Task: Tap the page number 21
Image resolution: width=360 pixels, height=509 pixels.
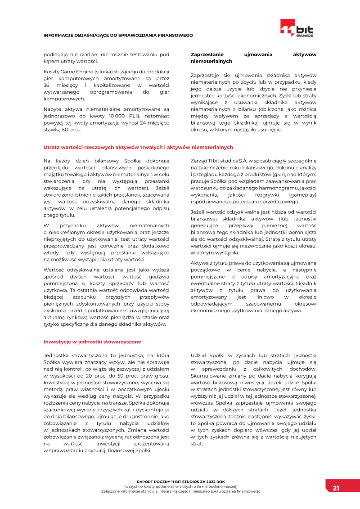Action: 336,488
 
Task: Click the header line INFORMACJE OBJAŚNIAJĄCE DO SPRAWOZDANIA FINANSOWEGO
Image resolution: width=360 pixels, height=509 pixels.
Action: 118,35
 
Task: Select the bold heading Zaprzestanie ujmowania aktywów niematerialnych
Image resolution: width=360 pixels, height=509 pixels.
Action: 253,58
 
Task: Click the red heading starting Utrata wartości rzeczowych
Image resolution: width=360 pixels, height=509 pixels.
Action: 138,147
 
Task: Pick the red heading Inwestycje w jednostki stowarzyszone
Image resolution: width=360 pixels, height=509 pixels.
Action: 92,342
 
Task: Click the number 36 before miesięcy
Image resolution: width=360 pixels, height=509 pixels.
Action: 46,85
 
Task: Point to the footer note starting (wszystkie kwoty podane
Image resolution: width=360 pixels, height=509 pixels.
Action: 180,486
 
